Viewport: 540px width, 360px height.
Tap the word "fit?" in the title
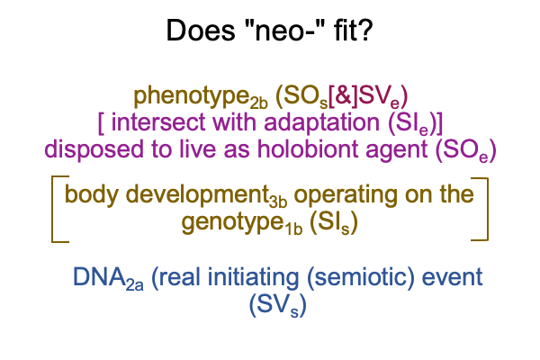click(353, 30)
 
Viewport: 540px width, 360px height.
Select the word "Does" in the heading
click(201, 31)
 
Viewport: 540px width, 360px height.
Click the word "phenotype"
click(192, 97)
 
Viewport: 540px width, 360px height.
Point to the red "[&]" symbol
click(344, 96)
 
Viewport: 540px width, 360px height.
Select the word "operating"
click(346, 195)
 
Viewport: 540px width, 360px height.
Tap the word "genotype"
click(233, 223)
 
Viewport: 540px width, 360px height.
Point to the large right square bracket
click(487, 209)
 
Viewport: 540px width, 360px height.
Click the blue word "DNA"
click(99, 276)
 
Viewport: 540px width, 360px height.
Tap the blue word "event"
click(452, 278)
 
